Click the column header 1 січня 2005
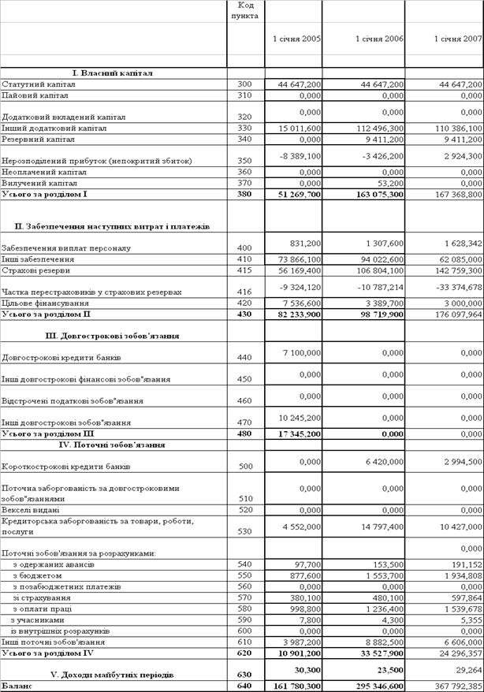tap(296, 39)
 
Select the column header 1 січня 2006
tap(379, 39)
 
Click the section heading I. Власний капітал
tap(114, 73)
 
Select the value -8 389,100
tap(300, 156)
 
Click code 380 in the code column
tap(245, 193)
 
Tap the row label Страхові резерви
tap(36, 270)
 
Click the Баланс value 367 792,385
tap(456, 686)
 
